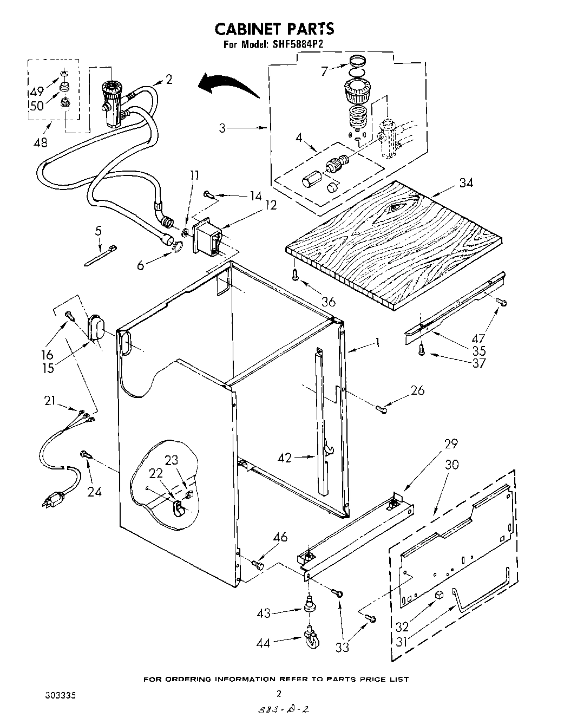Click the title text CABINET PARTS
tap(274, 28)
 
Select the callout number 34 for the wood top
tap(465, 183)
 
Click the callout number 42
tap(285, 458)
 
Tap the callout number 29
tap(451, 444)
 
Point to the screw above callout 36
tap(294, 276)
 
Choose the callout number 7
tap(324, 71)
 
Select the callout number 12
tap(271, 205)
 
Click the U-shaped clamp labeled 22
tap(177, 507)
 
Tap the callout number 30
tap(452, 465)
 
